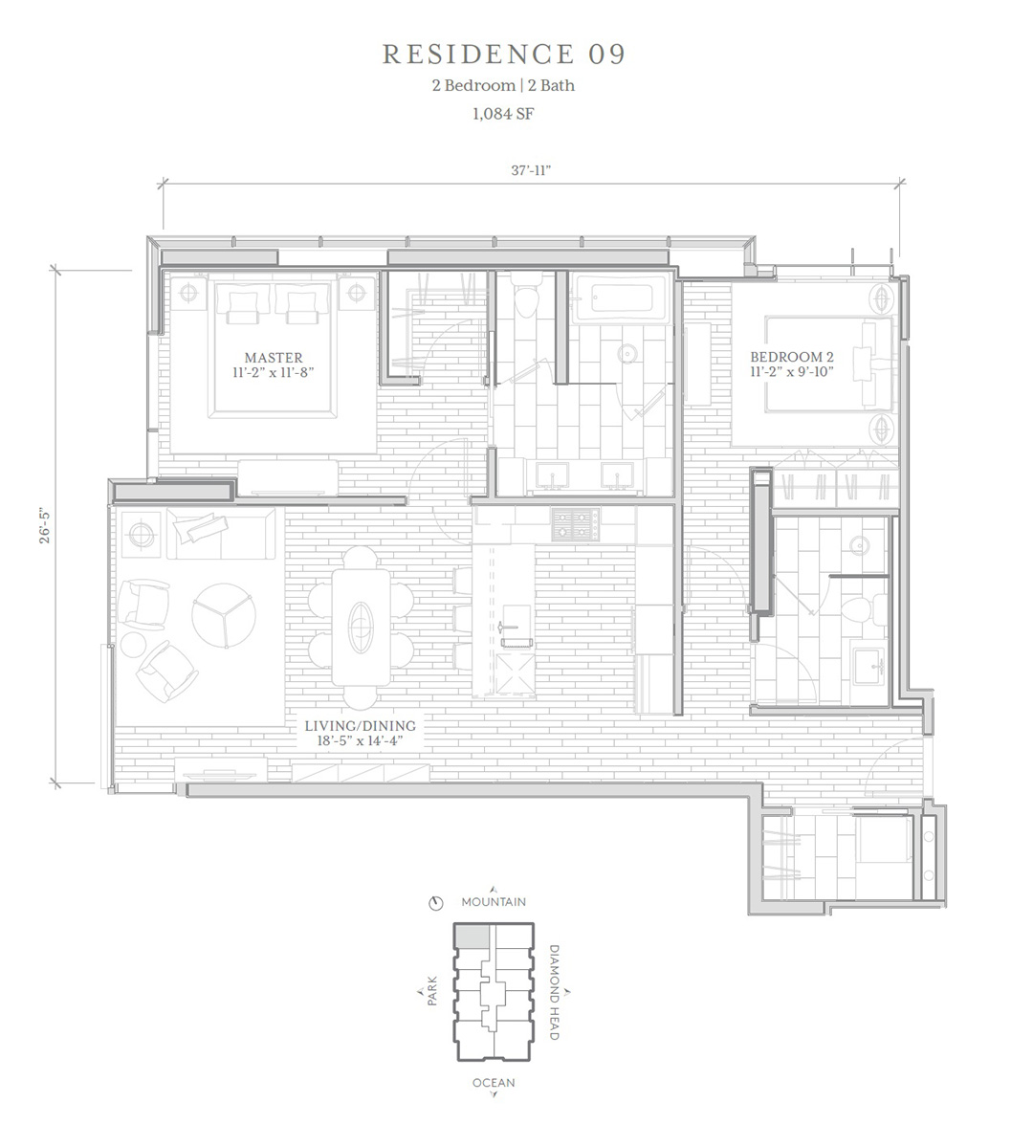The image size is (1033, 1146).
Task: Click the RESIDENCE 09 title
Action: pos(504,55)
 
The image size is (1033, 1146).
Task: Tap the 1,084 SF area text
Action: pos(503,114)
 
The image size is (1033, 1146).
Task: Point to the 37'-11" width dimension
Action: pos(531,171)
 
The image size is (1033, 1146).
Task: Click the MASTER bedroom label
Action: pos(274,358)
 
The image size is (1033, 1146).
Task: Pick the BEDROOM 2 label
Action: pos(792,357)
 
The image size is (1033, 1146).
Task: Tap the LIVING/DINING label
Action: pos(361,726)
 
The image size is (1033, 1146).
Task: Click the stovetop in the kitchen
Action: pos(576,524)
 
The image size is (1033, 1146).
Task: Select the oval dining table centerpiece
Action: pos(361,627)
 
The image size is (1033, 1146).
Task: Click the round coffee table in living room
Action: pos(224,615)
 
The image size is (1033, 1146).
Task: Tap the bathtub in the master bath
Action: pos(620,298)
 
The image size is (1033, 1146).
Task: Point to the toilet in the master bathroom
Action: pos(525,295)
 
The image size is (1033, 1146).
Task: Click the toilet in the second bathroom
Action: pos(867,609)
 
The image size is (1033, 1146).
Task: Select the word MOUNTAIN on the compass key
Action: pos(494,902)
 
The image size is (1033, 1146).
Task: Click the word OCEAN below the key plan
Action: pos(494,1083)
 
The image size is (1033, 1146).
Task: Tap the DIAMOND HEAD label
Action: pos(555,992)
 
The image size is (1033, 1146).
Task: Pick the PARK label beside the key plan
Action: pos(432,991)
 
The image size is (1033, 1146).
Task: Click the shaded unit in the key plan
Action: pos(472,937)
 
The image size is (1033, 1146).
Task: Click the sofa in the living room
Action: pos(221,525)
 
